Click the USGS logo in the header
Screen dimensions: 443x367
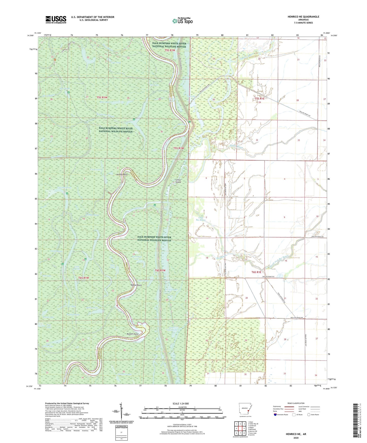(x=56, y=19)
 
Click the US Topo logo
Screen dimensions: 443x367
(x=182, y=21)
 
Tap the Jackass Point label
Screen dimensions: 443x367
(x=121, y=175)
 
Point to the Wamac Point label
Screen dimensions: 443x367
(x=136, y=285)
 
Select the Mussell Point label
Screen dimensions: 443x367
(x=132, y=334)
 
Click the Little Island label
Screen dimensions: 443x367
(x=178, y=181)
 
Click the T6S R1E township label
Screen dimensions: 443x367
(x=256, y=272)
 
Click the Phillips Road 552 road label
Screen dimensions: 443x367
(x=268, y=277)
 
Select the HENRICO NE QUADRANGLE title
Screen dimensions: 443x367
(x=303, y=17)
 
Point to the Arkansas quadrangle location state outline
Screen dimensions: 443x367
(x=245, y=409)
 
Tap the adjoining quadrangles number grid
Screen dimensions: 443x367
(x=240, y=429)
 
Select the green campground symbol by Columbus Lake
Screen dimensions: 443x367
(x=67, y=194)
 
